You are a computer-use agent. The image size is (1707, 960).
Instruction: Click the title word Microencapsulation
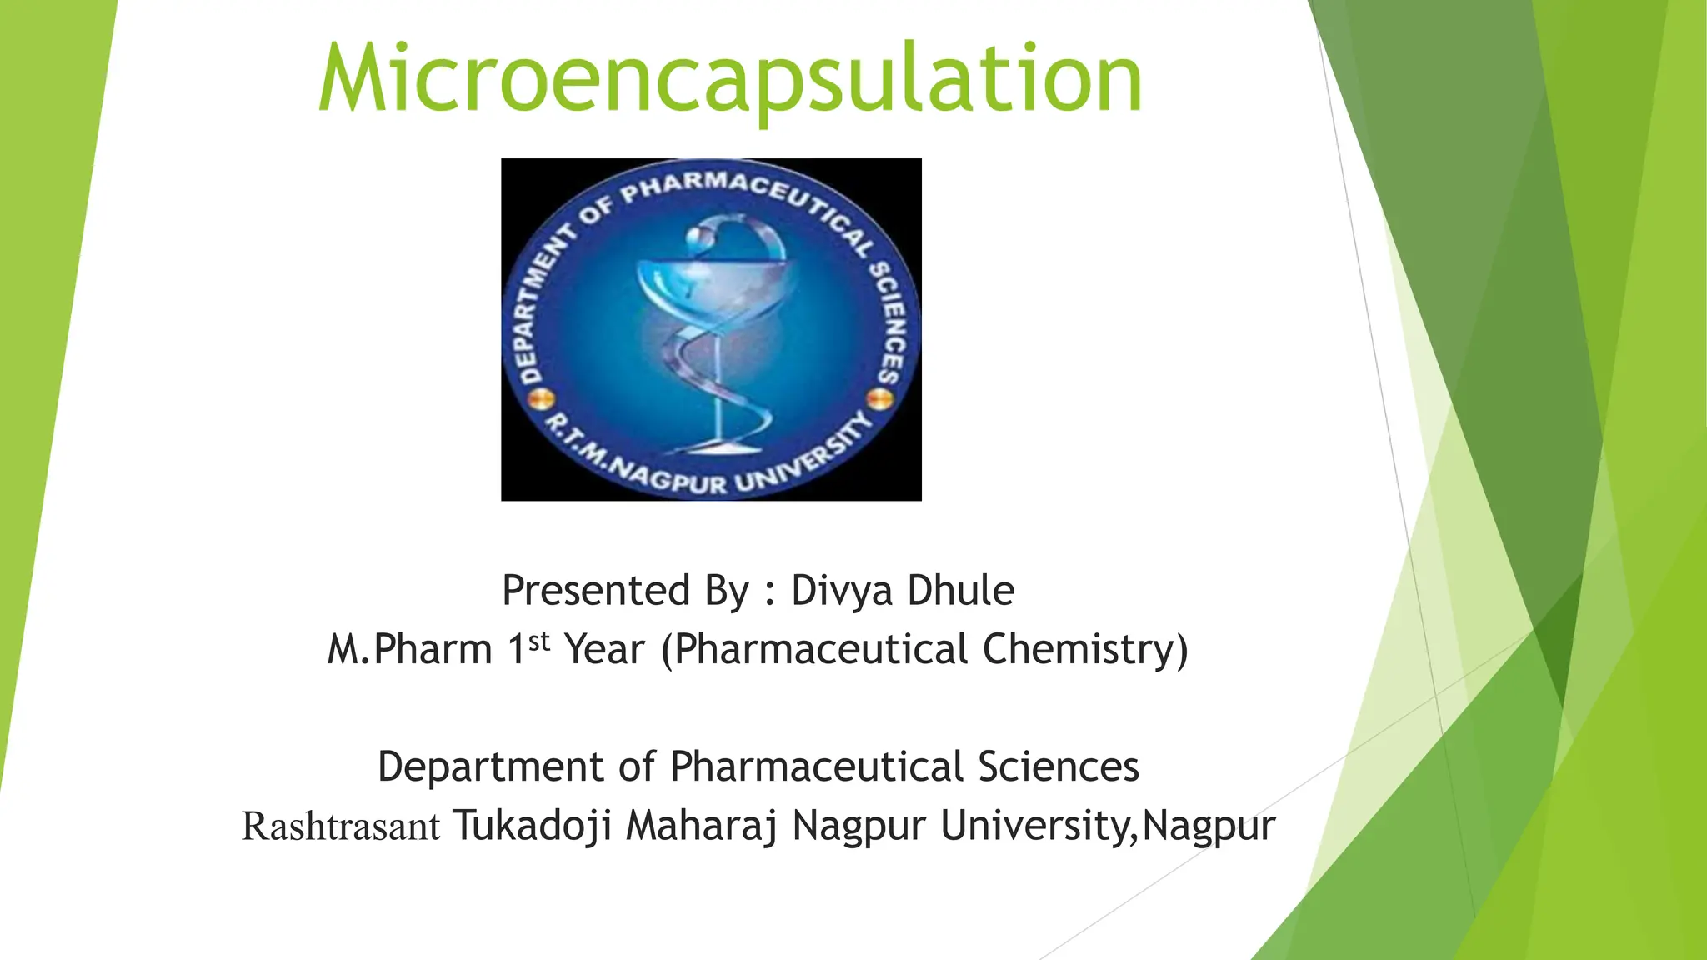point(730,80)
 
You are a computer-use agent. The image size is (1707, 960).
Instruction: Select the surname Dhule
point(960,590)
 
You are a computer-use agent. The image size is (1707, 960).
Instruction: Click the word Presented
point(596,590)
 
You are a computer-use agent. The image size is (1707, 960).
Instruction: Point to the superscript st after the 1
point(540,642)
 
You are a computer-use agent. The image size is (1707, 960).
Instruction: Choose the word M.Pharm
point(409,649)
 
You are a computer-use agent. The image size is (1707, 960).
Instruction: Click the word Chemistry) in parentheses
point(1085,649)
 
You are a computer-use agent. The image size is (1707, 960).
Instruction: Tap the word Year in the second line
point(604,649)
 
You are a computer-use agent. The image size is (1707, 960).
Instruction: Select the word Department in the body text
point(490,767)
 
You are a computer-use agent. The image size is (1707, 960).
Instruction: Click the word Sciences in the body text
point(1058,767)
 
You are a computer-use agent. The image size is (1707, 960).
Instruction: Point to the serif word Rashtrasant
point(340,827)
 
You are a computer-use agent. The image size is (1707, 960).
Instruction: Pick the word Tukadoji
point(532,826)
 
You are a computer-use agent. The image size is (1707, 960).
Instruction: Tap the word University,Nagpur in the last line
point(1108,826)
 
